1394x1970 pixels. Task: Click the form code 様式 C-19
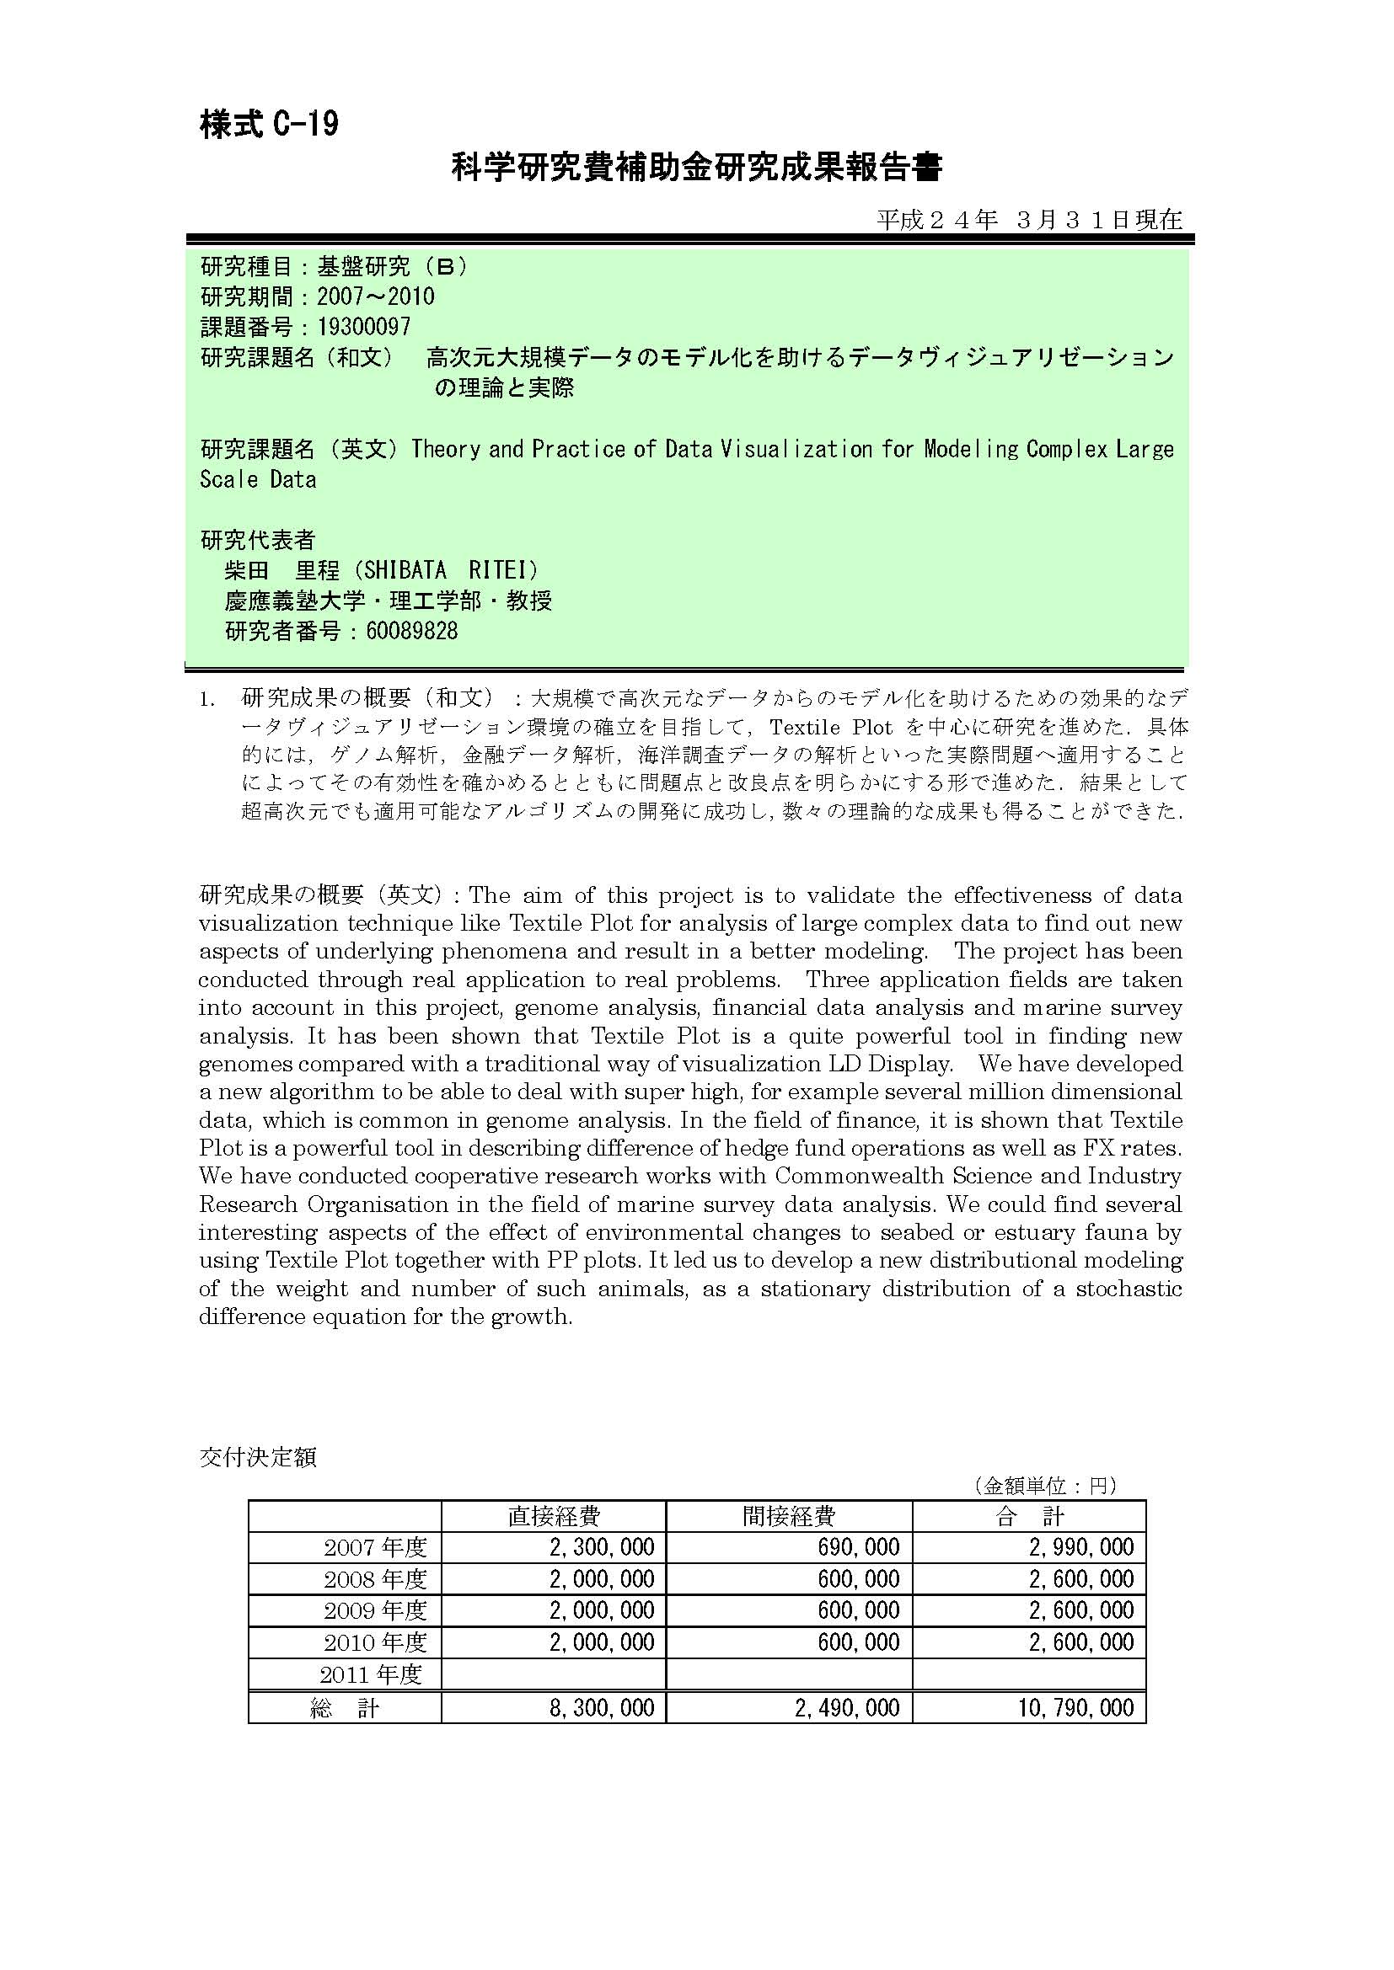coord(269,125)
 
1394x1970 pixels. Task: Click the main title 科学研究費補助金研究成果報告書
coord(696,168)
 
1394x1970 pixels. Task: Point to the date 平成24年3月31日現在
coord(1028,221)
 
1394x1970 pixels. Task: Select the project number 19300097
coord(363,327)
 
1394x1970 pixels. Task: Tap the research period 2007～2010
coord(375,296)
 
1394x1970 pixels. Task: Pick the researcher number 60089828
coord(411,632)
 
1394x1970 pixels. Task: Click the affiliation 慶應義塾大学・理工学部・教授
coord(388,601)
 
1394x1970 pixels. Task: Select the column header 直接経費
coord(554,1516)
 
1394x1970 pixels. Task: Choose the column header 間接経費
coord(789,1516)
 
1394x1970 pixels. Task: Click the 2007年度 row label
coord(375,1548)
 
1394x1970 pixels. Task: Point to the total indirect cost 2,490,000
coord(846,1707)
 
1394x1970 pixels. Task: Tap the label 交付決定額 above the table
coord(258,1457)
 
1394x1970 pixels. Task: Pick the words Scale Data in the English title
coord(258,479)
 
